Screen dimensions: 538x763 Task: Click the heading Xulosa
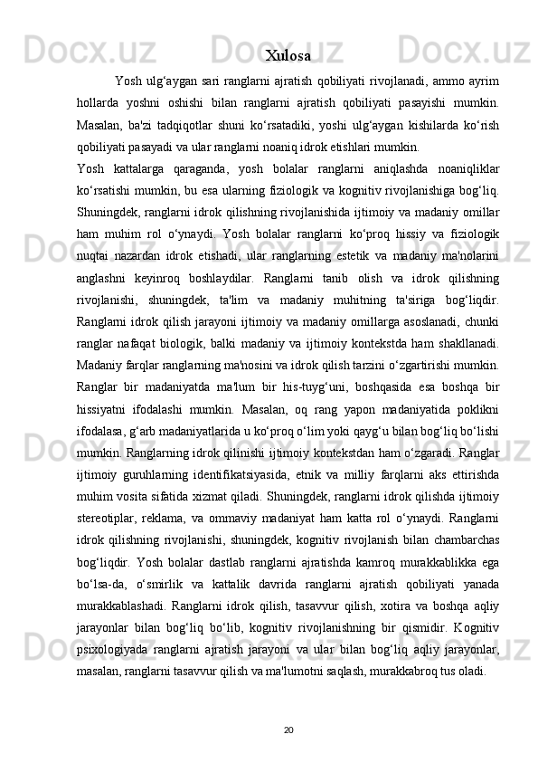tap(289, 53)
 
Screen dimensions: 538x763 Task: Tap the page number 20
tap(288, 728)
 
